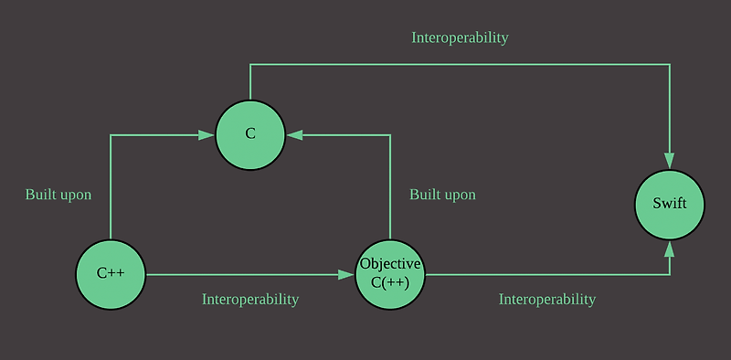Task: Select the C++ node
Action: point(111,274)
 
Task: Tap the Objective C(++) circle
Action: point(390,274)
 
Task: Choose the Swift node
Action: point(670,204)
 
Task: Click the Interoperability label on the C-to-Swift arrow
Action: point(460,38)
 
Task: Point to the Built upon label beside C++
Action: point(58,195)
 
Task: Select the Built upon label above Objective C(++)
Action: point(442,195)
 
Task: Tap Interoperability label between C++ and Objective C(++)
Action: point(250,299)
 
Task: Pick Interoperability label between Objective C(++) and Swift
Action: point(547,299)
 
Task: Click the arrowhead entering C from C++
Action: point(207,135)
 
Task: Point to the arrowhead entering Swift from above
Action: point(670,162)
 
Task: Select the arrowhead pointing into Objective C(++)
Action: point(347,274)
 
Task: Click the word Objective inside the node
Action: point(390,264)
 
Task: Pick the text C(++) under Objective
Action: point(390,281)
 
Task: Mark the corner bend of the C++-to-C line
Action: point(111,135)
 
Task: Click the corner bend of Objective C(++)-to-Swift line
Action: point(670,274)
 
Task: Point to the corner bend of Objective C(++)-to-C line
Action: point(390,135)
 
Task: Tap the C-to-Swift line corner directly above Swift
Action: point(670,65)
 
